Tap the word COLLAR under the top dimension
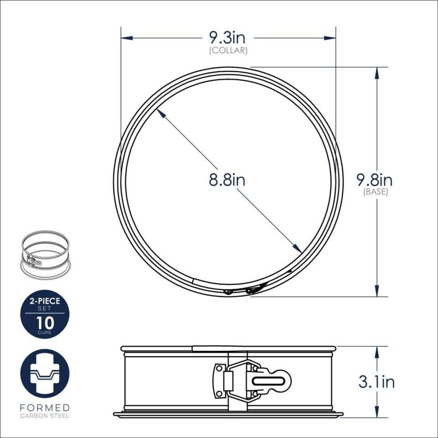(228, 51)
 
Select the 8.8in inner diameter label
(227, 180)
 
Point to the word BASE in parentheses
(375, 192)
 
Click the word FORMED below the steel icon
(45, 407)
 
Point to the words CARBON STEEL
(45, 416)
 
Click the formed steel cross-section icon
(45, 373)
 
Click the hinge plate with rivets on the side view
(221, 380)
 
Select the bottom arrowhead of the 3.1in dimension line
(377, 413)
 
